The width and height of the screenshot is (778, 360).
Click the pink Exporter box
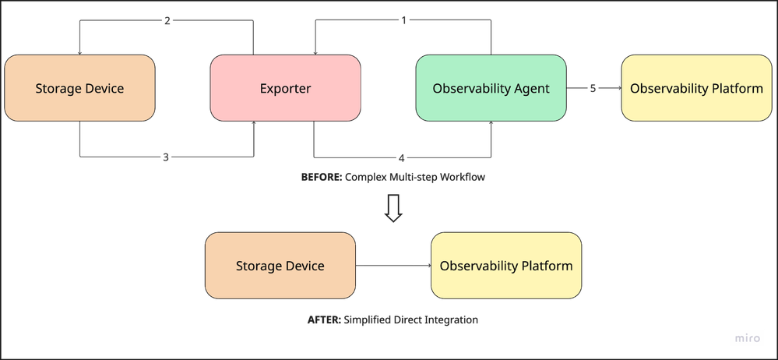[x=285, y=88]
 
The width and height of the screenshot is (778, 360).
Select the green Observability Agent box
[x=491, y=88]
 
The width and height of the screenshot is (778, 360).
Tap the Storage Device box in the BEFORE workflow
[x=79, y=88]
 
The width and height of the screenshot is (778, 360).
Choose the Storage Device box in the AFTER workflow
[x=280, y=266]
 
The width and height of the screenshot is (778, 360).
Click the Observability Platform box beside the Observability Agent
[x=696, y=88]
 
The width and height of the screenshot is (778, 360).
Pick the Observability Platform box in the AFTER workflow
[x=505, y=266]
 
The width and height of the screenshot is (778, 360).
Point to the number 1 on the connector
[x=403, y=20]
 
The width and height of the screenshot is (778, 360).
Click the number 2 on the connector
[x=167, y=20]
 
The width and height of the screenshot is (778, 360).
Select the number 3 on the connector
[x=166, y=157]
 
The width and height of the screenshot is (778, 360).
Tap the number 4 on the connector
[x=402, y=158]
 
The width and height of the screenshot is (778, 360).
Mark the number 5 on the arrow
[x=593, y=89]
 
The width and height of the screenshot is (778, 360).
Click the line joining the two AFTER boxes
[x=393, y=266]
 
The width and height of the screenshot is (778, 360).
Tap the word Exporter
[x=285, y=88]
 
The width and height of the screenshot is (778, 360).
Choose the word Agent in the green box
[x=532, y=88]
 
